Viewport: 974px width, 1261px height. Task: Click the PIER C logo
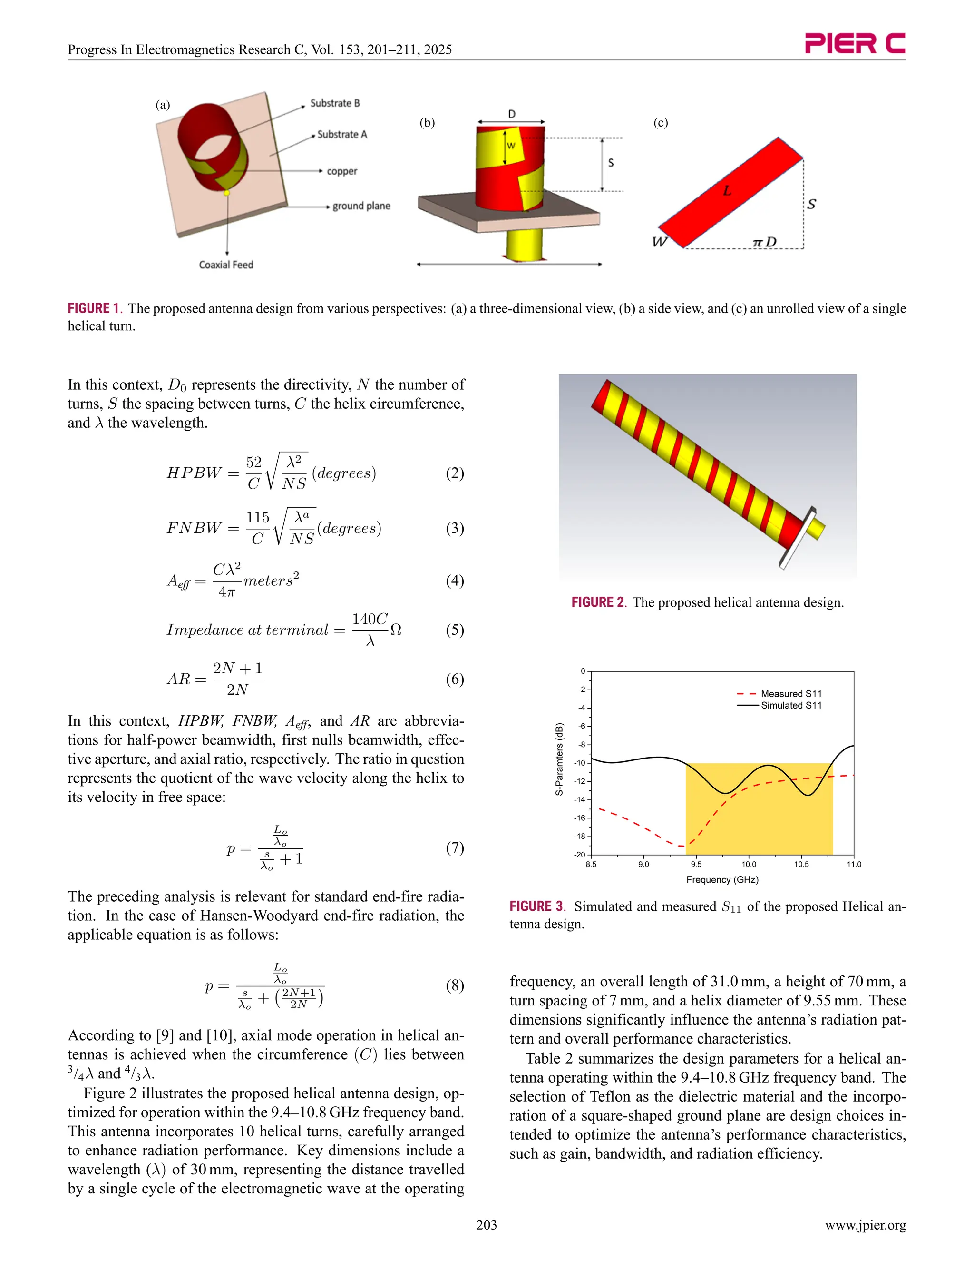855,43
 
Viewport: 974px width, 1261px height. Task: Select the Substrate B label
335,103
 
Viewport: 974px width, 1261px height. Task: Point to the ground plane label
361,206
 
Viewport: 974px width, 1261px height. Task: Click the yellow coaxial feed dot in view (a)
227,192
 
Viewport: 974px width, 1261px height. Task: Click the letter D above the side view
511,114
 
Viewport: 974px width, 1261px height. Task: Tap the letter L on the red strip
727,190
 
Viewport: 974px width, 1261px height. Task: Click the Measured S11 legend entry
790,693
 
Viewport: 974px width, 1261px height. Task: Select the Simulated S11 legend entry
790,705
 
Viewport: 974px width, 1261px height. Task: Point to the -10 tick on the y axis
579,763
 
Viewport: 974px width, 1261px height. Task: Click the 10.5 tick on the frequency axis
801,864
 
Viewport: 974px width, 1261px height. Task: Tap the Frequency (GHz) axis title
722,879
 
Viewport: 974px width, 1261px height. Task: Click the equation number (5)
455,630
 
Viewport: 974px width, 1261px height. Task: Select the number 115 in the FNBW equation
257,517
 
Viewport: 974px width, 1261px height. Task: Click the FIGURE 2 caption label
598,602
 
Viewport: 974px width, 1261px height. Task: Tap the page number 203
487,1225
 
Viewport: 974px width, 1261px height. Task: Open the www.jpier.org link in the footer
865,1225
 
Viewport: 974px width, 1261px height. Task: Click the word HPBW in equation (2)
194,473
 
